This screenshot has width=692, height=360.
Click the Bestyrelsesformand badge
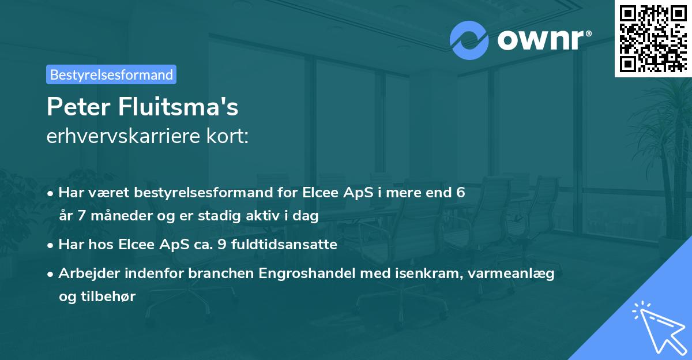pos(111,74)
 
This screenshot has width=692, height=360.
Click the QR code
pos(652,38)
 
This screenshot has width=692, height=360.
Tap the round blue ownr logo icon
pos(469,40)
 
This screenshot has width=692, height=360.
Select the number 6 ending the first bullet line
pos(460,193)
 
